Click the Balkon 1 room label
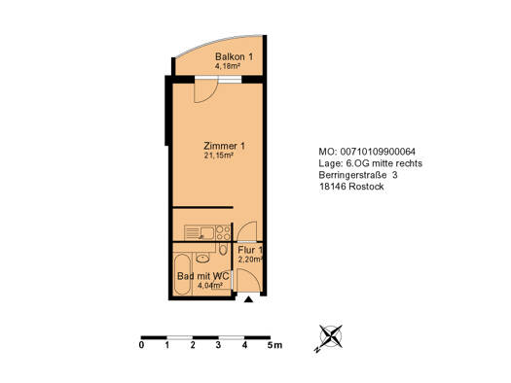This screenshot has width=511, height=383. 234,56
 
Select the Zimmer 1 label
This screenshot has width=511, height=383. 224,145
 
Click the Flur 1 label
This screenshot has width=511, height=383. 250,251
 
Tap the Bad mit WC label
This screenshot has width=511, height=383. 202,277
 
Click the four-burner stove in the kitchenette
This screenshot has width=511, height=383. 222,232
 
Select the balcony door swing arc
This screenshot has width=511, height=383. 205,91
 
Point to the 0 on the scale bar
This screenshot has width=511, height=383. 141,346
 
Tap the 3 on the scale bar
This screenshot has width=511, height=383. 219,346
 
